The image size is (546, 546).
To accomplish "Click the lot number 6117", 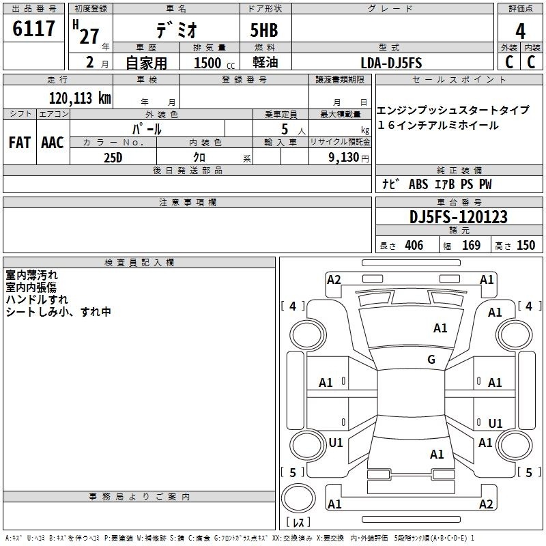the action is tap(33, 29).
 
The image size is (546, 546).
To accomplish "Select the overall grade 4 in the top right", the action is tap(520, 31).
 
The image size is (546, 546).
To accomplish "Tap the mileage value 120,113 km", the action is tap(80, 98).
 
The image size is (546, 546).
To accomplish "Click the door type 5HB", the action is tap(264, 30).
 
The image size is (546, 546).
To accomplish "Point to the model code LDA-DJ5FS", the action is tap(391, 63).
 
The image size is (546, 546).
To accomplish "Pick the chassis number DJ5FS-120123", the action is tap(459, 217).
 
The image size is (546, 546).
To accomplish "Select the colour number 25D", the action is tap(113, 158).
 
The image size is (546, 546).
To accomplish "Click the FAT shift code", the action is tap(20, 143).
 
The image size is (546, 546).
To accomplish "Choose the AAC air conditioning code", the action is tap(53, 143).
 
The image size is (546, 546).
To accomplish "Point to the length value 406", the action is tap(414, 245).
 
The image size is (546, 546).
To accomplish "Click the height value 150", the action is tap(526, 245).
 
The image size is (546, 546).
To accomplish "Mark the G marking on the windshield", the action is tap(431, 359).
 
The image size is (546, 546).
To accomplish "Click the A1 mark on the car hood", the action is tap(440, 328).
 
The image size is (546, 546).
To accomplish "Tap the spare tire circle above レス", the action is tap(298, 498).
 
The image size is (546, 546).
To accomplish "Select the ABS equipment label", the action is tap(418, 184).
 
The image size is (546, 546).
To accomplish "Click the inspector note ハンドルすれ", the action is tap(37, 299).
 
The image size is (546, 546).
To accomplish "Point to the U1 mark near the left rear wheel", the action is tap(336, 442).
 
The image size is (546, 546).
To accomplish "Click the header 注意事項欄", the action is tap(187, 202).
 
